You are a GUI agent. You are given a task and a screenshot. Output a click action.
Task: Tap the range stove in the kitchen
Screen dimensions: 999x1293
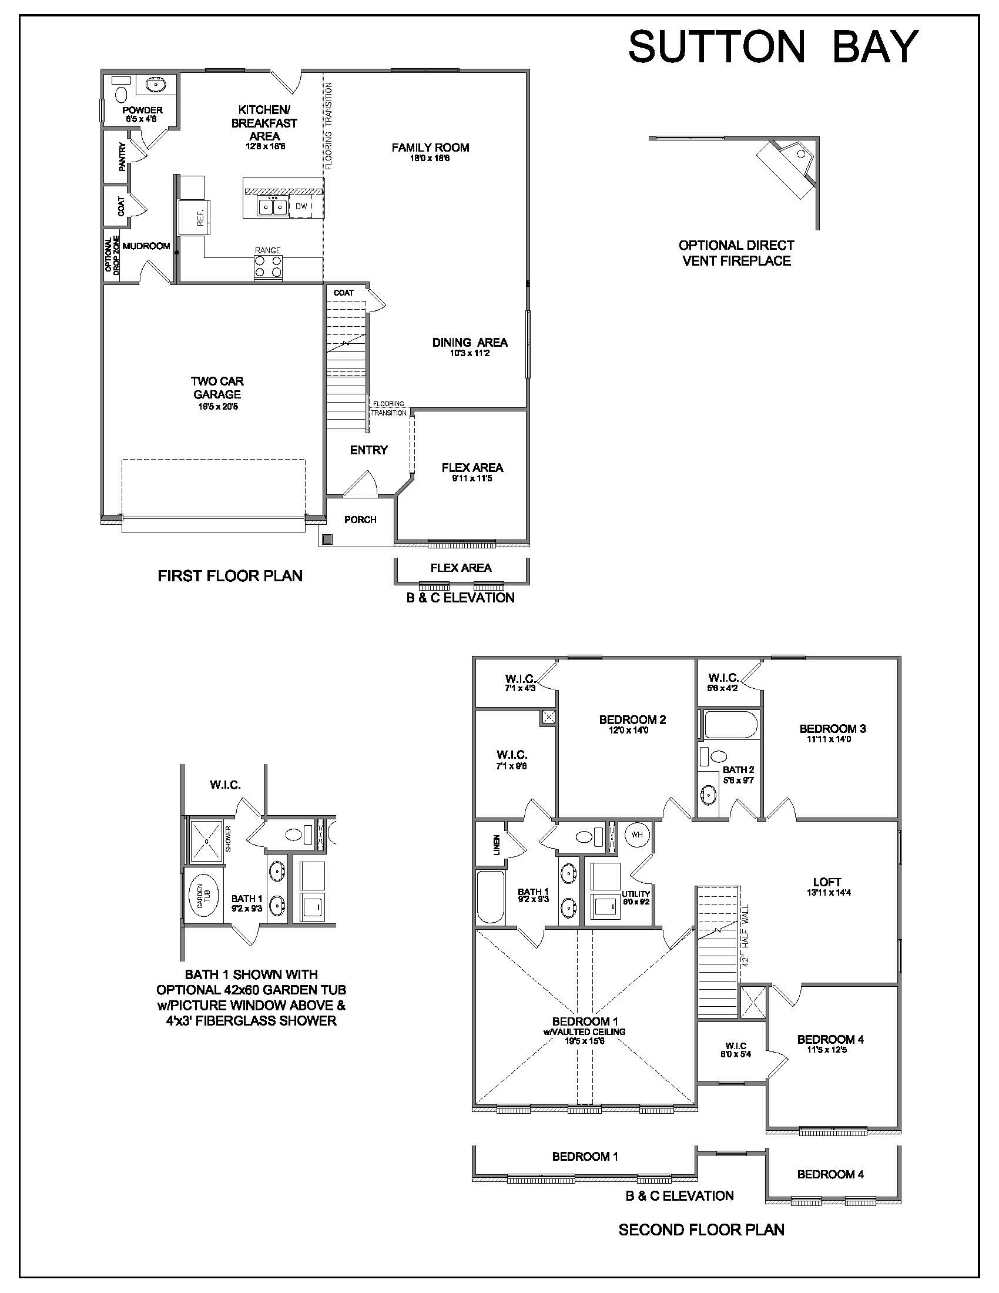tap(268, 267)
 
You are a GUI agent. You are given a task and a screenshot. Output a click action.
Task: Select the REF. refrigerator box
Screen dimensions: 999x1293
tap(194, 218)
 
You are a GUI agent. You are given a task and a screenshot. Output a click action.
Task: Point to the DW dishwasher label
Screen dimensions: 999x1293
tap(301, 206)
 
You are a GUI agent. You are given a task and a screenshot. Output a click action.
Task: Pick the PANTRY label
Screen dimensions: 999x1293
tap(122, 157)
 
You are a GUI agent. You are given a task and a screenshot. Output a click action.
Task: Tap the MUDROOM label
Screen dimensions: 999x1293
tap(146, 246)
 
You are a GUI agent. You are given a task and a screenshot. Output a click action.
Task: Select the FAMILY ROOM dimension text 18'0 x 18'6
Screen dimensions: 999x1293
tap(430, 158)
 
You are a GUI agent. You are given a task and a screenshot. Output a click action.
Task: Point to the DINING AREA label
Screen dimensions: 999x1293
tap(470, 342)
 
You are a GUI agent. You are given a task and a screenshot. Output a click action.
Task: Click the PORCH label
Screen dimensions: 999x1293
tap(360, 520)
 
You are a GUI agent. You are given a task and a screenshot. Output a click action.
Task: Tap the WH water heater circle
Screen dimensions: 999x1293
tap(637, 835)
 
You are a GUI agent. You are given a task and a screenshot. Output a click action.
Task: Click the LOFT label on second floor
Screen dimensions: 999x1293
tap(827, 882)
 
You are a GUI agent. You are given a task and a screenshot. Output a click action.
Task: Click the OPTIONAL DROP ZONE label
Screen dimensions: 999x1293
tap(112, 255)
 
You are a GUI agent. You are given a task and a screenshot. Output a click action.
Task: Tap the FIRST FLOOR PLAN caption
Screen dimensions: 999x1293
tap(230, 575)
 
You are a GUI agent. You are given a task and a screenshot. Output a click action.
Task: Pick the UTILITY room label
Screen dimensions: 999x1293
tap(636, 894)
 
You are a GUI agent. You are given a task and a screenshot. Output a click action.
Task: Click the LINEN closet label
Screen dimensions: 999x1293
tap(497, 845)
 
